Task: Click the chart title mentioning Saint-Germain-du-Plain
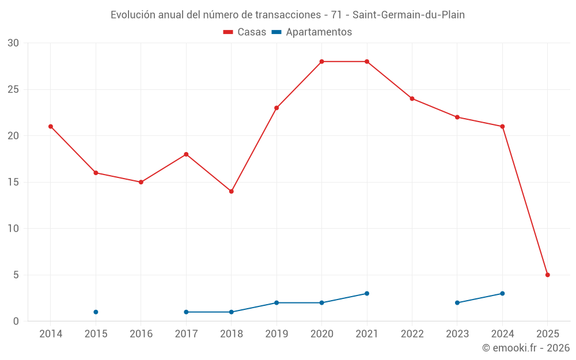(287, 15)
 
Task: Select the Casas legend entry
(245, 32)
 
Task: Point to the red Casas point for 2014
(51, 127)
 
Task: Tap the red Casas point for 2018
(232, 191)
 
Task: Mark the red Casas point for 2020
(322, 62)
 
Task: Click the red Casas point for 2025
(548, 275)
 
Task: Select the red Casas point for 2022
(412, 98)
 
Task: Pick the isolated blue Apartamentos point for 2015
(96, 312)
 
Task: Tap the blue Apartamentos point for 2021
(367, 294)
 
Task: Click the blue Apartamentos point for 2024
(502, 294)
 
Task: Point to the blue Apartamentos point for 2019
(276, 303)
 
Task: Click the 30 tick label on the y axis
(13, 43)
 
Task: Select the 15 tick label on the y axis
(13, 183)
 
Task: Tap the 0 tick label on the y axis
(16, 321)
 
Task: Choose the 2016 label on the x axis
(141, 334)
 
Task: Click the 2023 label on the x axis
(457, 334)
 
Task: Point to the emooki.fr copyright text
(526, 348)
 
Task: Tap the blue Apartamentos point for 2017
(186, 312)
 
